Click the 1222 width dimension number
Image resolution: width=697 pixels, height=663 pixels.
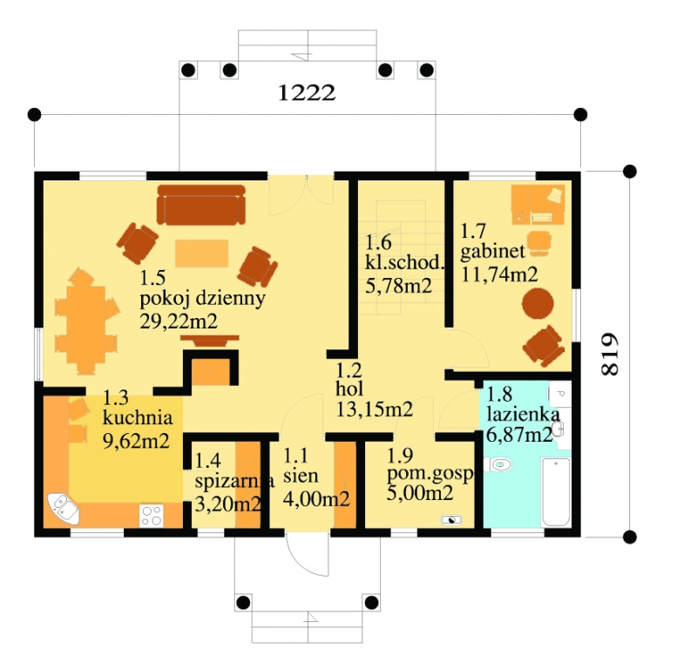(307, 93)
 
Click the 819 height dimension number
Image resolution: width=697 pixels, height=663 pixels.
(609, 355)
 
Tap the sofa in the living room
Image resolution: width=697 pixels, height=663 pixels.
(201, 205)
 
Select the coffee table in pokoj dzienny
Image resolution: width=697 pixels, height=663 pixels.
(202, 254)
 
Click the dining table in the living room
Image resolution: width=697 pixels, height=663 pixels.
(86, 320)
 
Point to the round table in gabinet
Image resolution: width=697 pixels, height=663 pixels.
(538, 304)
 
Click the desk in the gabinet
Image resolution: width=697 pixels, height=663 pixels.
(538, 205)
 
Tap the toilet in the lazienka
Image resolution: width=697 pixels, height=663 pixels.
(497, 465)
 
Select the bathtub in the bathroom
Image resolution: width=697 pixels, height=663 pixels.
(556, 492)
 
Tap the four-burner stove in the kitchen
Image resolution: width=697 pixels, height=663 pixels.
(151, 516)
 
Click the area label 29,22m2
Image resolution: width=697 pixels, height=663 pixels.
(179, 321)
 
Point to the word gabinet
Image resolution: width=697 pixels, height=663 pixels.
(492, 253)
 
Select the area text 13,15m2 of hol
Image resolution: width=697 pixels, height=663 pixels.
(375, 409)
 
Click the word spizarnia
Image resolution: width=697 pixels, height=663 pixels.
(234, 482)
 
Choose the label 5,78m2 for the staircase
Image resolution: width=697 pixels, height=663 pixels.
(398, 285)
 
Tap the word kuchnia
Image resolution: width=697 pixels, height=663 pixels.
(138, 417)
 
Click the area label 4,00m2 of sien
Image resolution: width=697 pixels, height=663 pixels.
(316, 499)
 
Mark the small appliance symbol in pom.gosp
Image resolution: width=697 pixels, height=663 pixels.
(451, 519)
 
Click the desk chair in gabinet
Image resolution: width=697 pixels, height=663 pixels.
(540, 242)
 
